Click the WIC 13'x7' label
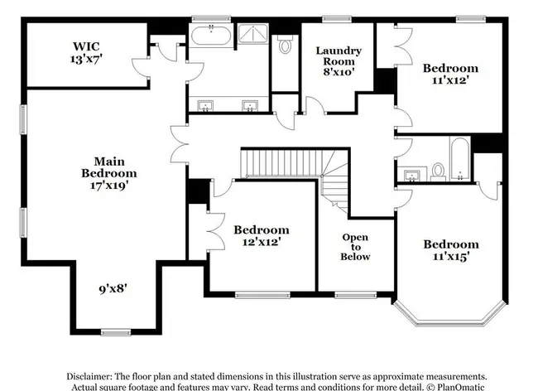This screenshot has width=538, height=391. [x=86, y=52]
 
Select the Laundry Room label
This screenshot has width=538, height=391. [x=339, y=56]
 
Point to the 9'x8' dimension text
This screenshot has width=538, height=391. [x=113, y=288]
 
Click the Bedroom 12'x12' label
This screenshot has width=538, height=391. [x=262, y=235]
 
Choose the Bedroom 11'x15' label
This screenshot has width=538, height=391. [x=451, y=250]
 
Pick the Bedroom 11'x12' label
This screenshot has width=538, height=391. [x=450, y=74]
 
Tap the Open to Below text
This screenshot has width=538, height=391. [x=355, y=247]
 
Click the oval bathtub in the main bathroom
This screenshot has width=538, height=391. [x=211, y=36]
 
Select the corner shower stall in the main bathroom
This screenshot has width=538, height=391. [x=253, y=33]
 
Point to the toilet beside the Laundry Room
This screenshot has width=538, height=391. [x=285, y=44]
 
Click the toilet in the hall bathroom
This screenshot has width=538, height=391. [x=438, y=171]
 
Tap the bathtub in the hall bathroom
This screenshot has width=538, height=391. [x=459, y=158]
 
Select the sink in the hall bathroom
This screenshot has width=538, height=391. [x=411, y=175]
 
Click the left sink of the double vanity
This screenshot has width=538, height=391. [x=205, y=106]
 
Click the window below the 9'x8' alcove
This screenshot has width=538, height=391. [x=116, y=332]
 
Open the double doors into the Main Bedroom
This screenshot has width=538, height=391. [x=179, y=144]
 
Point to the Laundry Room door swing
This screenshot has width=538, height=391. [x=315, y=104]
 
